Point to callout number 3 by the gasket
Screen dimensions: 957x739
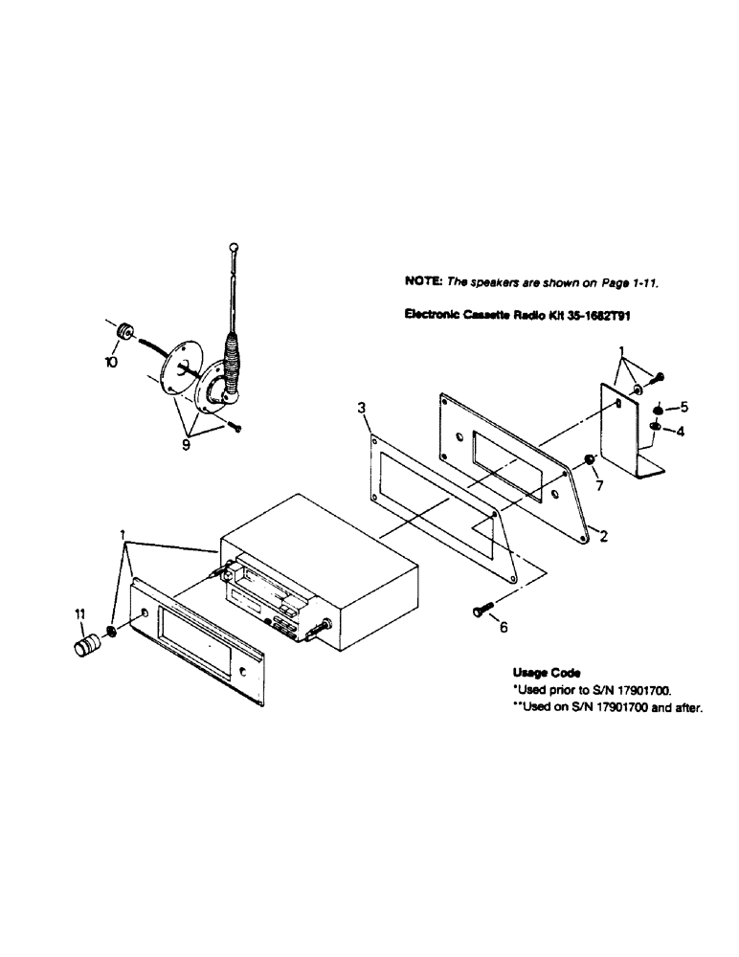point(361,408)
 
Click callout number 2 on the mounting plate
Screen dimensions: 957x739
point(603,537)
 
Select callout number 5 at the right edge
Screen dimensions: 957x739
point(682,406)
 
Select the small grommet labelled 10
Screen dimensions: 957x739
point(123,331)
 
